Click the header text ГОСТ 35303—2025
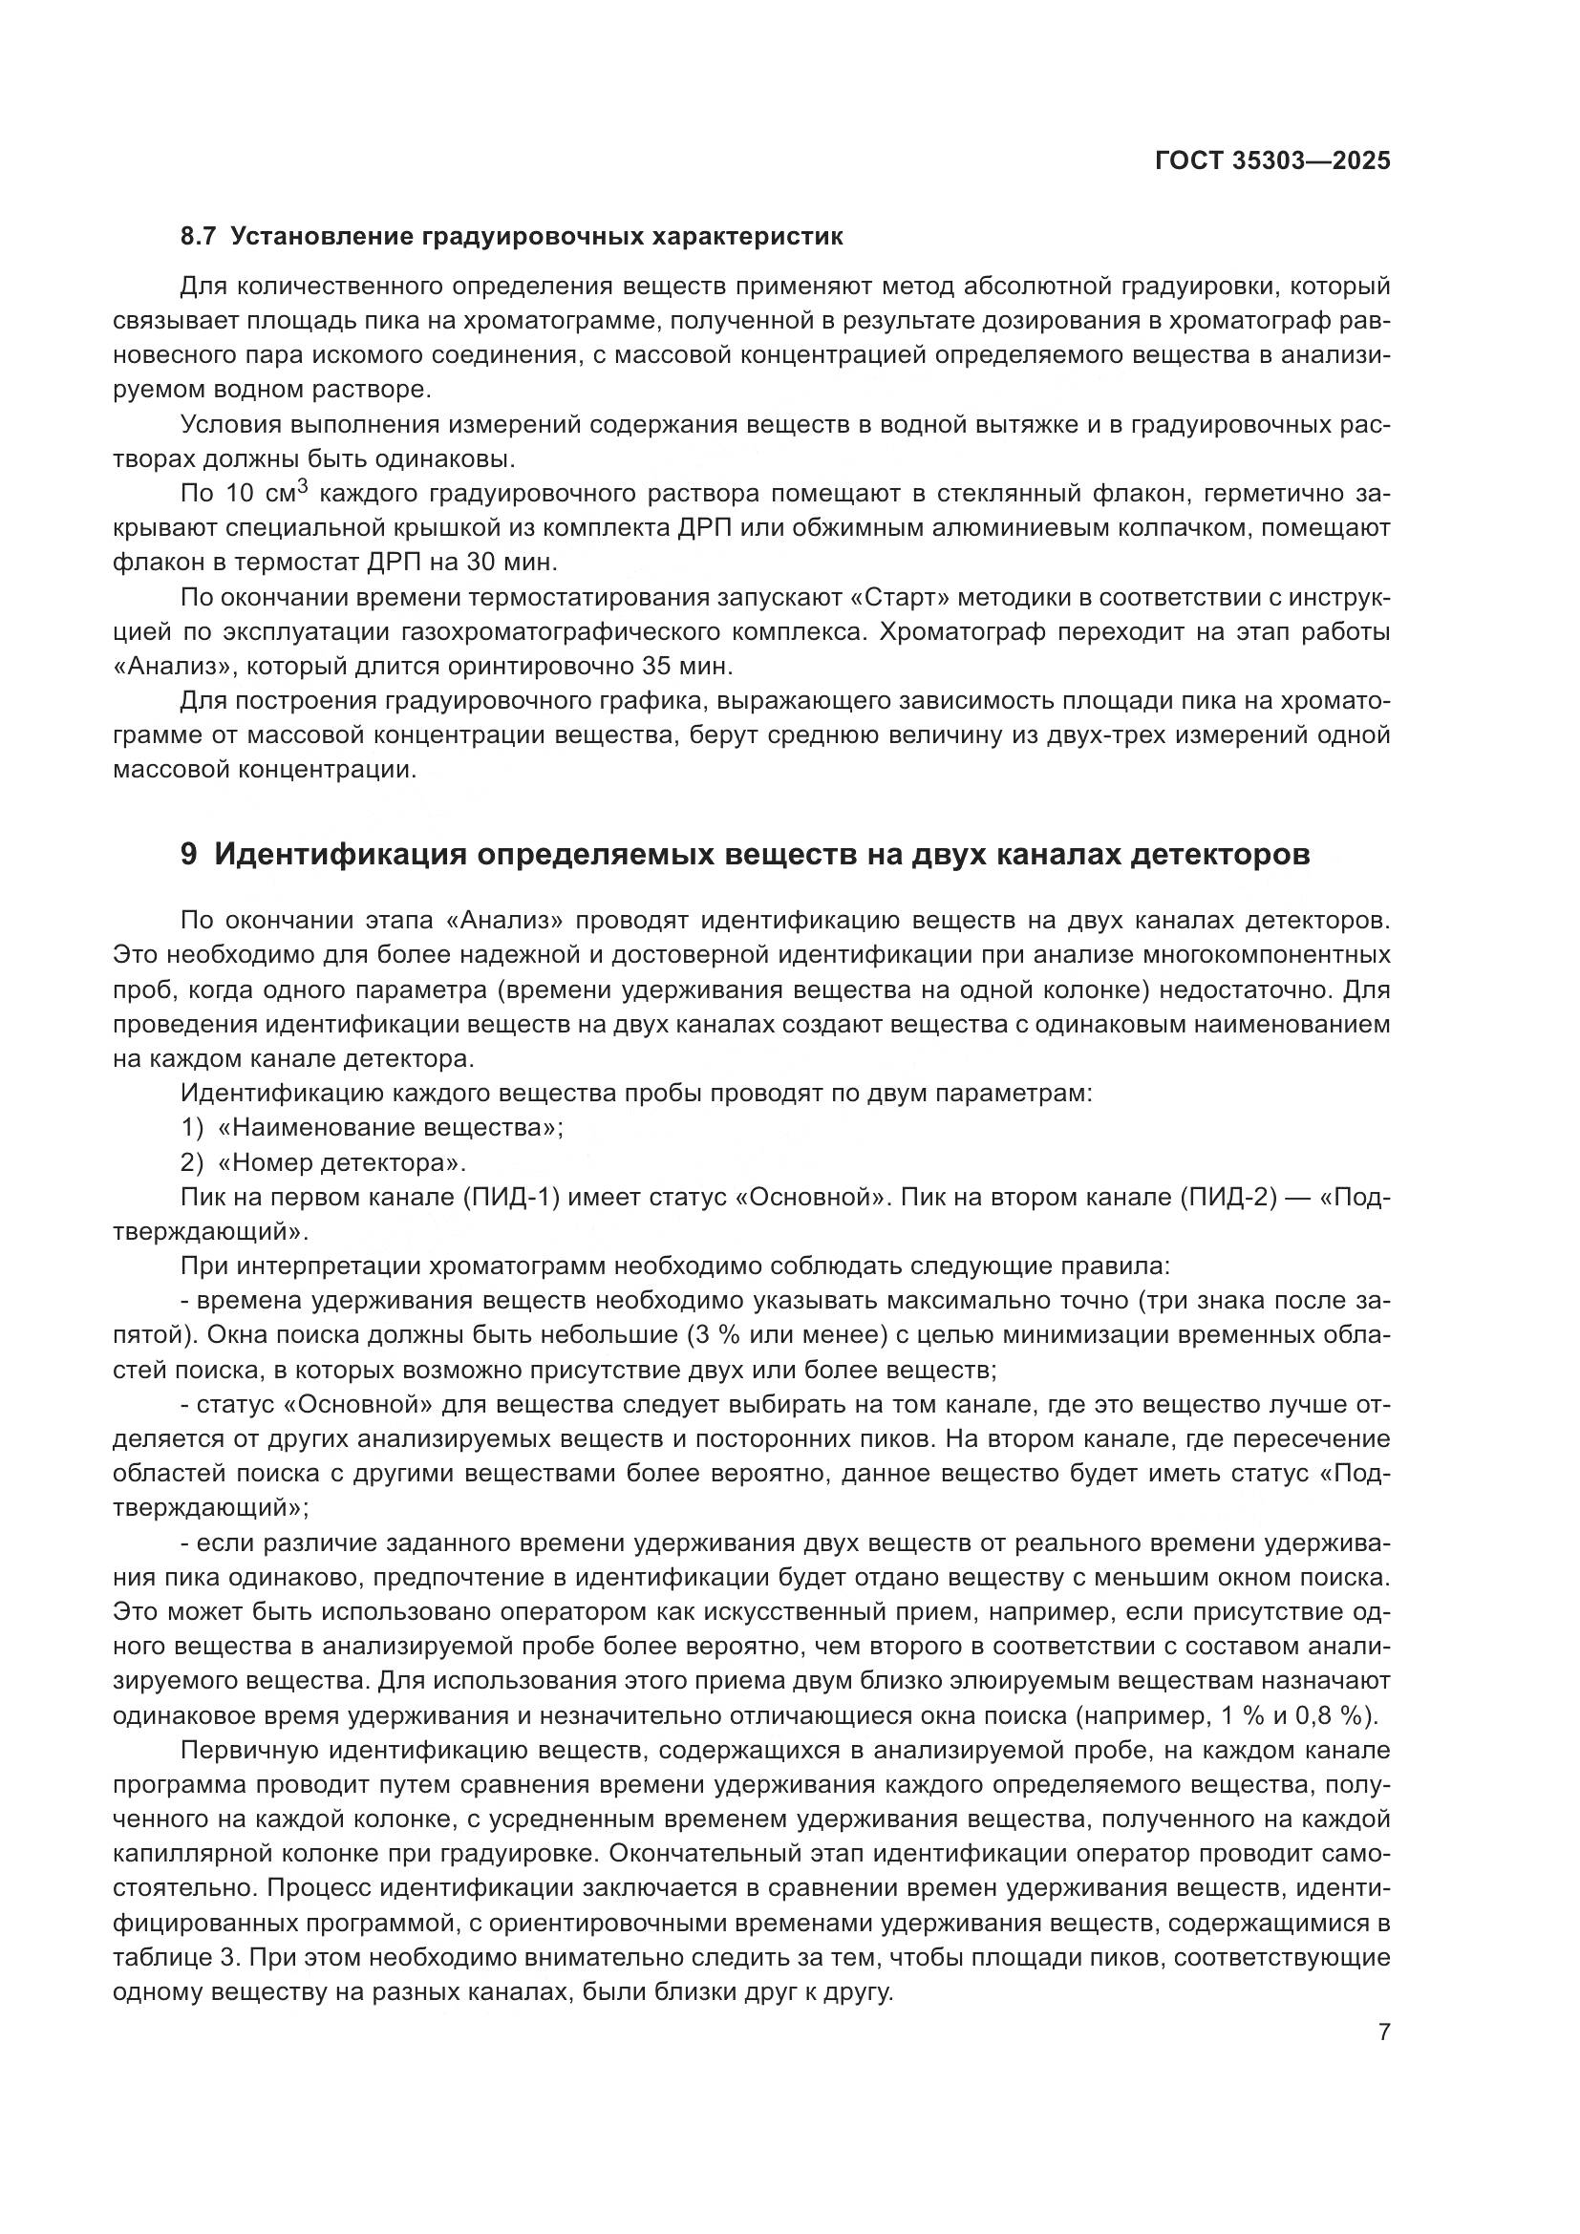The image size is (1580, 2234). (1271, 161)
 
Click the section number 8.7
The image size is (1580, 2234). (200, 237)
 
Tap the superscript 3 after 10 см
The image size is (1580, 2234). (302, 487)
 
